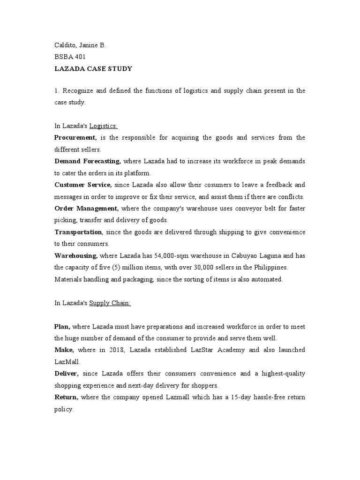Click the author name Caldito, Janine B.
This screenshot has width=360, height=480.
[80, 45]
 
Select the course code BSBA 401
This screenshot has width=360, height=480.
[70, 57]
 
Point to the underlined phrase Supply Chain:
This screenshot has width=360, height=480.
[110, 303]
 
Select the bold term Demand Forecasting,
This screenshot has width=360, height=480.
[88, 161]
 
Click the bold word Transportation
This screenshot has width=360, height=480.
[78, 232]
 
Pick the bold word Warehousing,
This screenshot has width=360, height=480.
[76, 255]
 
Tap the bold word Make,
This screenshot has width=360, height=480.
[64, 350]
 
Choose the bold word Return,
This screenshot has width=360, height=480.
[66, 397]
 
